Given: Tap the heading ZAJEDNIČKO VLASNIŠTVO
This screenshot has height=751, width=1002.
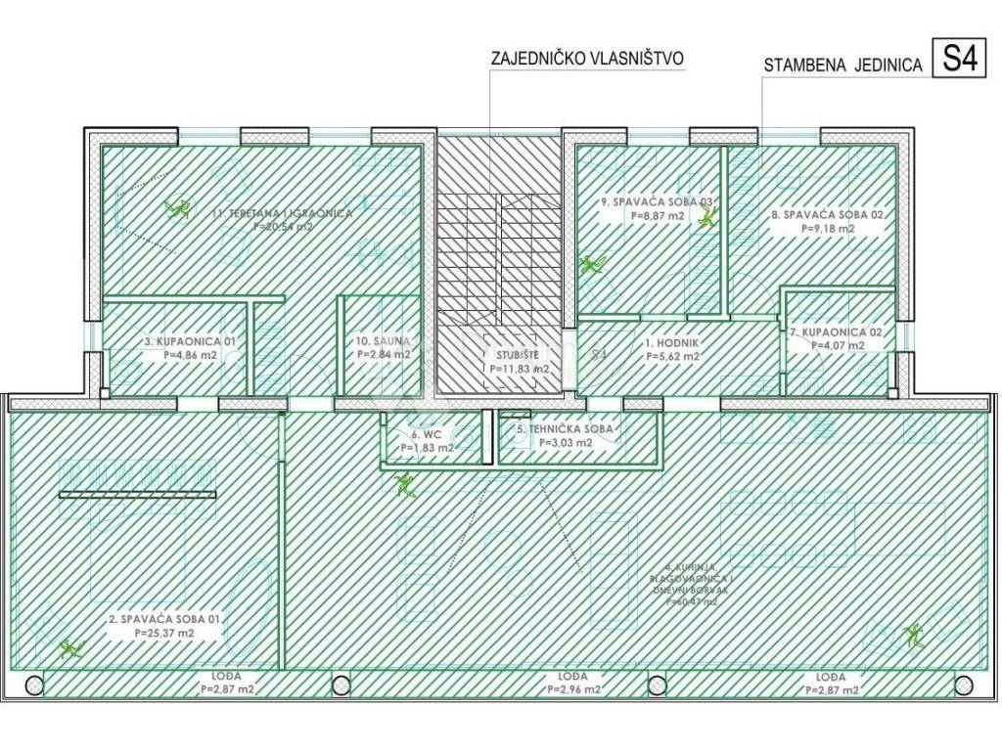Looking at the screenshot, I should (x=587, y=59).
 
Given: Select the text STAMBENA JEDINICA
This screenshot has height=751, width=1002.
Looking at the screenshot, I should (x=843, y=66).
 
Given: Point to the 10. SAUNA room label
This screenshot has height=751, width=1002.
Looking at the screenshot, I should (x=383, y=341).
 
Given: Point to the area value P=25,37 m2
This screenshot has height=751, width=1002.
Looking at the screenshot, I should (x=164, y=633).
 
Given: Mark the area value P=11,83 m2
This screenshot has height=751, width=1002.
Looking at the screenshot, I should (x=518, y=369).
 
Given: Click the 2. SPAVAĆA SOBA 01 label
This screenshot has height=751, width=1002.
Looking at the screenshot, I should (x=164, y=619).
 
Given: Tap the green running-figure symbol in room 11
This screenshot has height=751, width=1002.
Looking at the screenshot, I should (x=178, y=208).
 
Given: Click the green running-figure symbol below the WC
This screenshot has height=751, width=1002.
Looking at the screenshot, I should (x=405, y=482).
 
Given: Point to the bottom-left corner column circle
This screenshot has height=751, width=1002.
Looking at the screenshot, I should (x=33, y=684).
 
